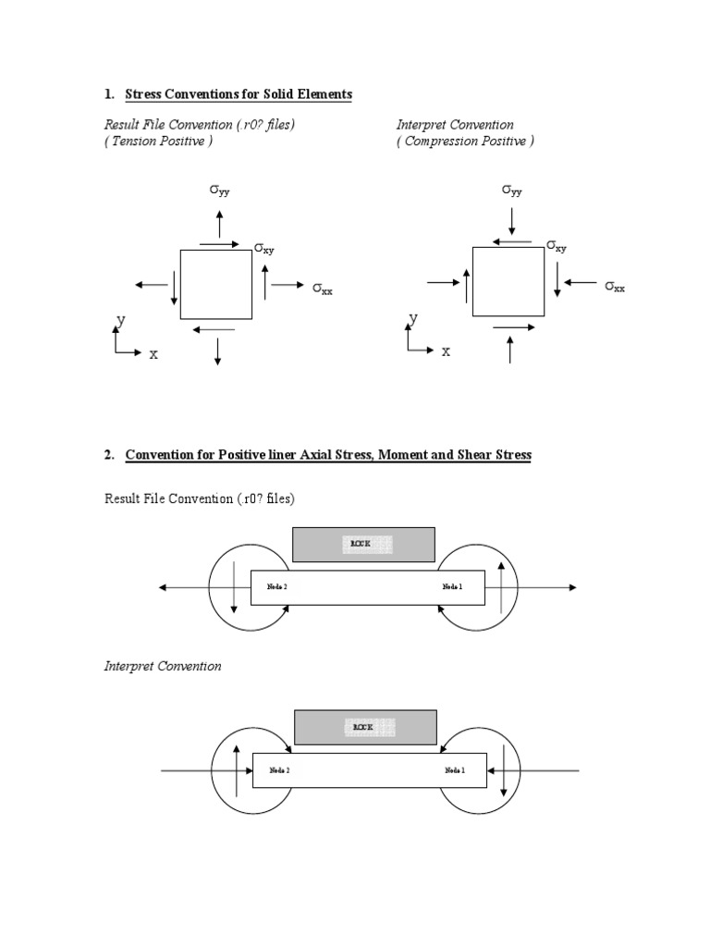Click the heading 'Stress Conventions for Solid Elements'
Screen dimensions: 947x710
[x=238, y=95]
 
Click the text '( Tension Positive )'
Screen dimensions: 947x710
[x=158, y=141]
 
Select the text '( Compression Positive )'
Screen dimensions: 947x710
[x=465, y=141]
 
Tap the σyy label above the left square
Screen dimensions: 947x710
[x=219, y=191]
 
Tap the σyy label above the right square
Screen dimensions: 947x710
[x=512, y=191]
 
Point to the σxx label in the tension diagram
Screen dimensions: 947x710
[x=322, y=289]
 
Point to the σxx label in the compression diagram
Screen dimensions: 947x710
[x=615, y=287]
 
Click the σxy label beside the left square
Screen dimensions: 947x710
[x=264, y=248]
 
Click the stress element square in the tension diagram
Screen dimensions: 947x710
[x=215, y=284]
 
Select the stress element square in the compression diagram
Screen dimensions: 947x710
[x=508, y=281]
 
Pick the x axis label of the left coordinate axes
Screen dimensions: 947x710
[x=153, y=353]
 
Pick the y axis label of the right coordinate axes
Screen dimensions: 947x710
[x=413, y=318]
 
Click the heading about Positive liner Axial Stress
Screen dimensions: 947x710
[x=328, y=455]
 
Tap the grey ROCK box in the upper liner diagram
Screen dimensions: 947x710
[x=363, y=545]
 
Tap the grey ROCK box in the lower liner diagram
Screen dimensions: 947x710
[x=365, y=728]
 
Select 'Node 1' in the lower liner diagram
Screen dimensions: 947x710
[x=455, y=769]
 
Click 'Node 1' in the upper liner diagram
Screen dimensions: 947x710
[x=452, y=586]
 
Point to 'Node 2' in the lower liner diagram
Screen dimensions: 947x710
[x=279, y=769]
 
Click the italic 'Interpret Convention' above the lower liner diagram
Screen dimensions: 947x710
[x=163, y=666]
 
